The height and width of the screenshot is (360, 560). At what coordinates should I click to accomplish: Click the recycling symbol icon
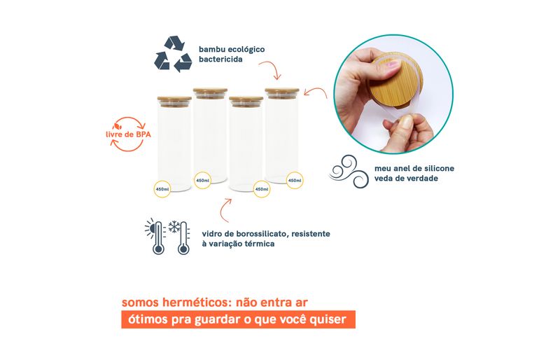click(x=173, y=54)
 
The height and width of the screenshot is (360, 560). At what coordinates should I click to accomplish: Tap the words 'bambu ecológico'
click(x=232, y=49)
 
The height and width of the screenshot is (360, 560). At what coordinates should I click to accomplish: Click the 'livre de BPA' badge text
click(x=128, y=134)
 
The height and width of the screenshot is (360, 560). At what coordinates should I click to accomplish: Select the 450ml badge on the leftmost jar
click(x=162, y=189)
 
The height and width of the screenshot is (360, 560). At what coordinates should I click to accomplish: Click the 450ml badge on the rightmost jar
click(x=295, y=180)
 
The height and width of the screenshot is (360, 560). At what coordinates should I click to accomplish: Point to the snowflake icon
click(x=174, y=227)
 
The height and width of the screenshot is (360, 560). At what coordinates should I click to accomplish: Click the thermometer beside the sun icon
click(x=158, y=238)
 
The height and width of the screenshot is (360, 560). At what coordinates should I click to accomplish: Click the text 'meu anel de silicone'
click(x=414, y=168)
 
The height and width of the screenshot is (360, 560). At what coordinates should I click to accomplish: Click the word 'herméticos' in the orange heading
click(x=193, y=303)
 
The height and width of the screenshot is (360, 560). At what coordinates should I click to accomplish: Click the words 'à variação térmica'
click(x=238, y=244)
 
